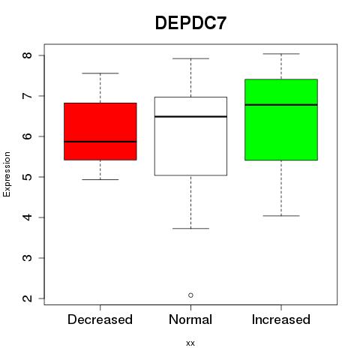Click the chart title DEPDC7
click(x=190, y=23)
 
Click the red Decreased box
click(x=100, y=131)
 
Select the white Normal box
click(x=190, y=136)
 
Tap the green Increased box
click(x=281, y=120)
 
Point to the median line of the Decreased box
click(x=100, y=142)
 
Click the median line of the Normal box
click(x=190, y=116)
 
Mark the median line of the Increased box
click(x=281, y=105)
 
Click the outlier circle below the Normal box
click(x=190, y=295)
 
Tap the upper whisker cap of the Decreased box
click(x=100, y=73)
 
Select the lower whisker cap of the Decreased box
click(x=100, y=179)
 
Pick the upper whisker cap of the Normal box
click(x=190, y=58)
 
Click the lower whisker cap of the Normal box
click(x=190, y=229)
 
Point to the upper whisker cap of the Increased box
click(x=281, y=54)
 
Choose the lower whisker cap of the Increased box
click(x=281, y=216)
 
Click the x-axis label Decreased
click(x=100, y=319)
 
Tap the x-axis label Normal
click(x=190, y=319)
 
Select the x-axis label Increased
click(x=281, y=319)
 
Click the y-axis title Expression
click(x=7, y=174)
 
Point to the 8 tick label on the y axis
click(x=27, y=55)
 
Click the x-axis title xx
click(x=190, y=343)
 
